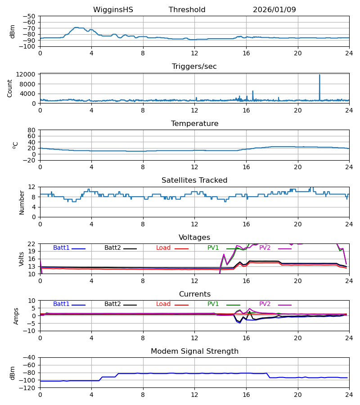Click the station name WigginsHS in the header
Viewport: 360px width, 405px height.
click(x=113, y=10)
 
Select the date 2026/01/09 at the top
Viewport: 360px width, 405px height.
click(x=274, y=10)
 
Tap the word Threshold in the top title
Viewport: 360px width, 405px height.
click(x=187, y=10)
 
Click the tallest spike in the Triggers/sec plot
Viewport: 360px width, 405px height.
click(x=319, y=75)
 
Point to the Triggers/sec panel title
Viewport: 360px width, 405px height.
click(x=194, y=67)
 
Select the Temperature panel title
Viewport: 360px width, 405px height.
click(x=194, y=124)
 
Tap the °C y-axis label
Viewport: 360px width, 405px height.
click(x=15, y=145)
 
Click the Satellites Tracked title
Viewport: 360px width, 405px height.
click(x=194, y=180)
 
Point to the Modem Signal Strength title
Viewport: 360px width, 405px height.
click(x=194, y=351)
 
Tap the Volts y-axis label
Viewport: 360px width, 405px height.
click(x=22, y=259)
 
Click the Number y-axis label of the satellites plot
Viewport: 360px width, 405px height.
click(x=22, y=202)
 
